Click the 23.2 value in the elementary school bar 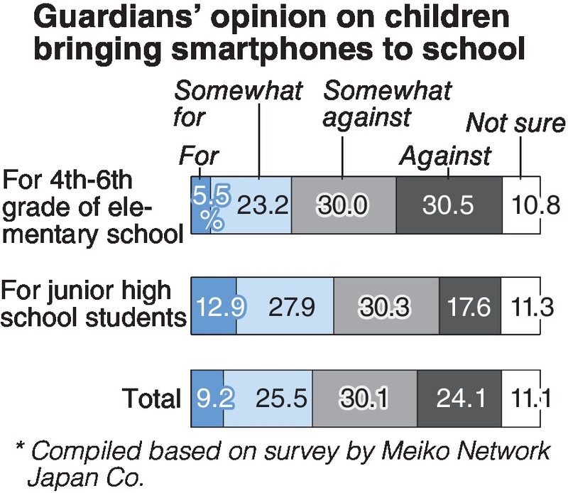tap(262, 205)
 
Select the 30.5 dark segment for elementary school tap(448, 205)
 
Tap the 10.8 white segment tap(522, 205)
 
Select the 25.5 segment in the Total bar tap(268, 399)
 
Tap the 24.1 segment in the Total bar tap(459, 399)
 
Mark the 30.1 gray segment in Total tap(364, 399)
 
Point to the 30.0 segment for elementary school tap(343, 205)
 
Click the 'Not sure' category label tap(515, 124)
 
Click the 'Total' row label tap(151, 399)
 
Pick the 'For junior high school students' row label tap(93, 303)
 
